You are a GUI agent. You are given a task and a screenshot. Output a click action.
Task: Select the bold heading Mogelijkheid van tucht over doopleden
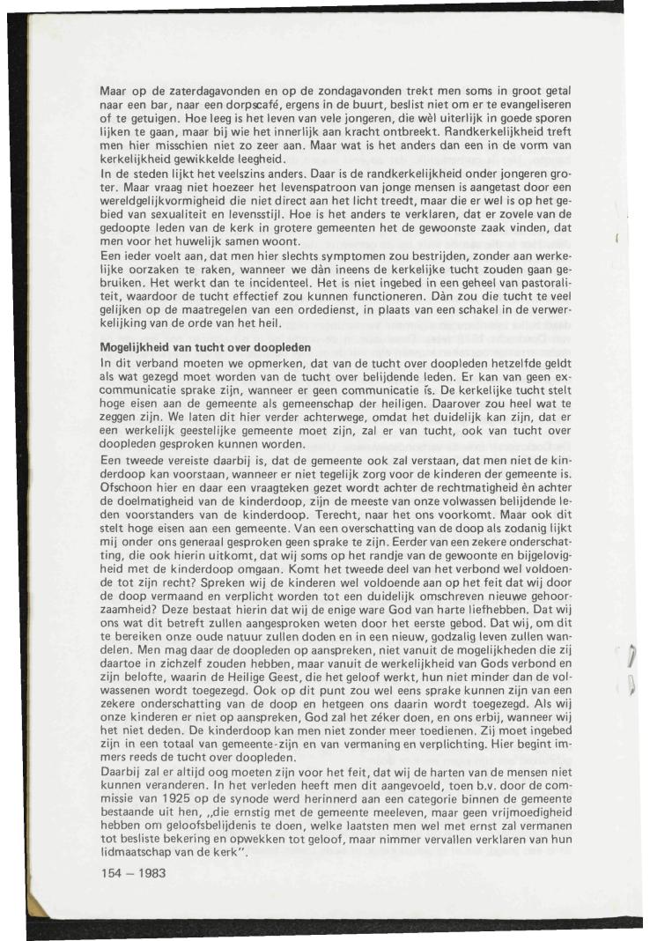click(205, 348)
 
